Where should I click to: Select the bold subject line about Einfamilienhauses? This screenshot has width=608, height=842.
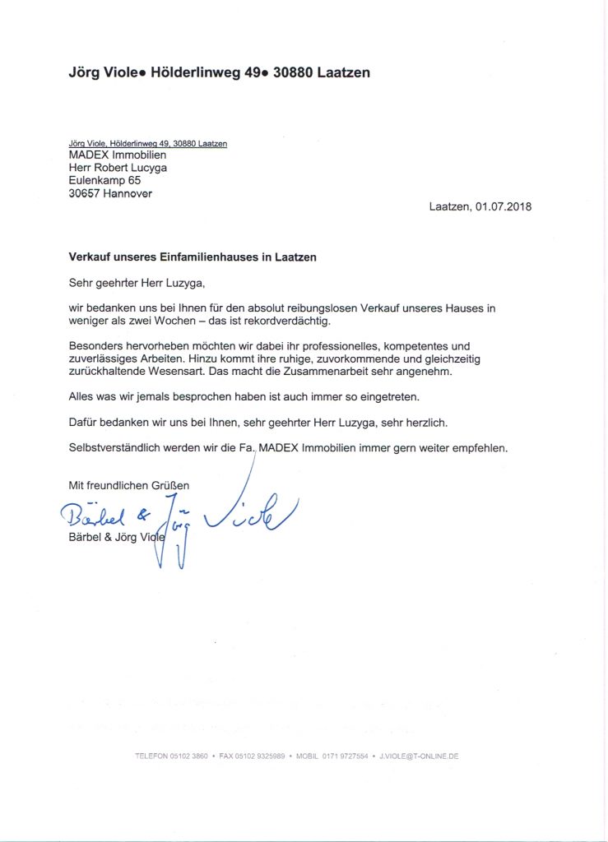(193, 257)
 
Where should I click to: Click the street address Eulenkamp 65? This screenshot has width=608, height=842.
(104, 181)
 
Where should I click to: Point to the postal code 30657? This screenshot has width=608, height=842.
(85, 194)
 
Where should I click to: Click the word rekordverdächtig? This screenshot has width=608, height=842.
(281, 320)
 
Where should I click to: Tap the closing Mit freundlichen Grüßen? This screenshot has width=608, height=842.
(128, 486)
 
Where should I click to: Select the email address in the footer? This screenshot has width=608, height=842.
(419, 756)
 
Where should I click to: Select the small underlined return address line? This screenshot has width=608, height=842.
(147, 143)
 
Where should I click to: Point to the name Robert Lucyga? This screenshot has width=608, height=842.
(132, 168)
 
